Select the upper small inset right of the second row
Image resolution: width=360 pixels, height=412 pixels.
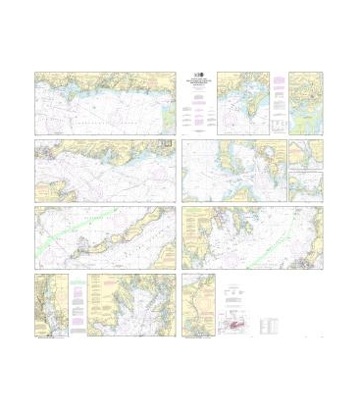pyautogui.click(x=305, y=154)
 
